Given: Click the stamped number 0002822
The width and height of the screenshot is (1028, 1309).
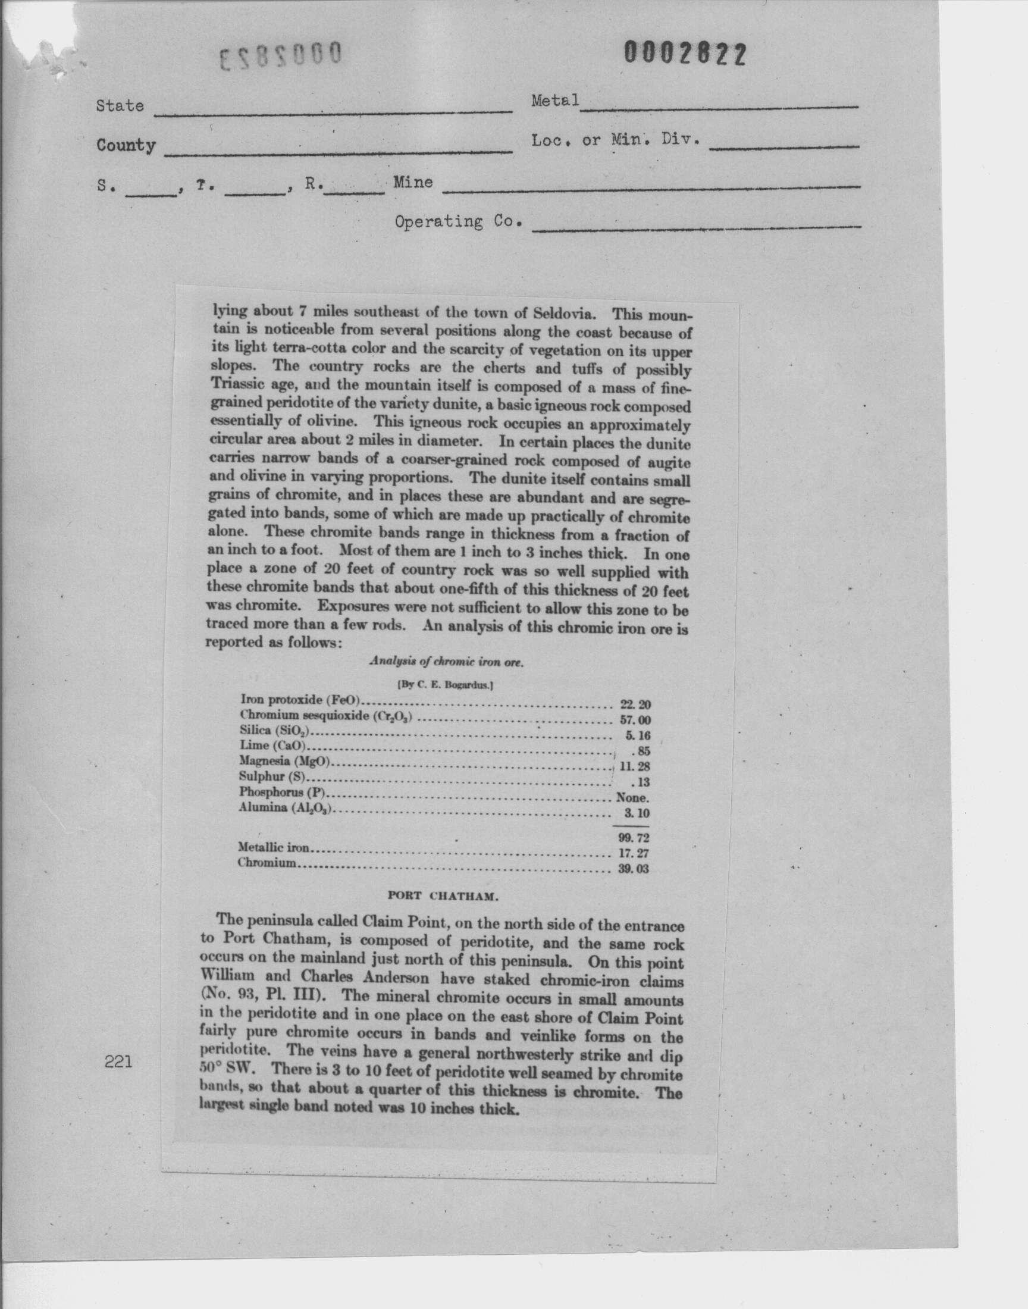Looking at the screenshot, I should (685, 54).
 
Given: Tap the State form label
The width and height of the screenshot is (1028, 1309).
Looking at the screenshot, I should (120, 106).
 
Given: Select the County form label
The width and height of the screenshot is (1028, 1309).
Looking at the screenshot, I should (126, 146).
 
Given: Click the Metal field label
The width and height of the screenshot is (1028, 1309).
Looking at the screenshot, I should (555, 101).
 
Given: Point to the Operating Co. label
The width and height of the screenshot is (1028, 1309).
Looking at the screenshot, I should (457, 222).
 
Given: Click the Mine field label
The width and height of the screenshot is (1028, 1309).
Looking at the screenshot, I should (413, 181).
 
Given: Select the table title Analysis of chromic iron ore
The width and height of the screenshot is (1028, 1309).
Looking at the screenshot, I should (446, 661).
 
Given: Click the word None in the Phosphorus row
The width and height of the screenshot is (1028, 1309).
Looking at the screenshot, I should (631, 798).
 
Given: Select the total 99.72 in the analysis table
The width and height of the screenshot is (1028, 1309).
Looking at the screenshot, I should (634, 837).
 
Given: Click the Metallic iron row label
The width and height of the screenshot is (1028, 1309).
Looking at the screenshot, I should (274, 848).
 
